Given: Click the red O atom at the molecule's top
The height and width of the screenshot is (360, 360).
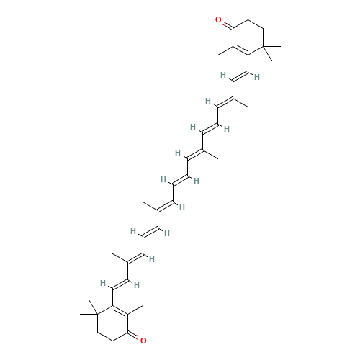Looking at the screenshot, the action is (219, 20).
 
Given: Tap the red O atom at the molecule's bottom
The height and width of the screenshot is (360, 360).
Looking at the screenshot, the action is (143, 339).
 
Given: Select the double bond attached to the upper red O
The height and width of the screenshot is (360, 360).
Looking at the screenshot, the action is (226, 24).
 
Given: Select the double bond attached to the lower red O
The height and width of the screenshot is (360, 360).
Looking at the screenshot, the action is (135, 336).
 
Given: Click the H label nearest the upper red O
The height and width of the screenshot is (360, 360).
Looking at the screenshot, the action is (222, 73).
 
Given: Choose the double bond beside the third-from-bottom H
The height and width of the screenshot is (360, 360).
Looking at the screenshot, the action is (139, 258).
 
